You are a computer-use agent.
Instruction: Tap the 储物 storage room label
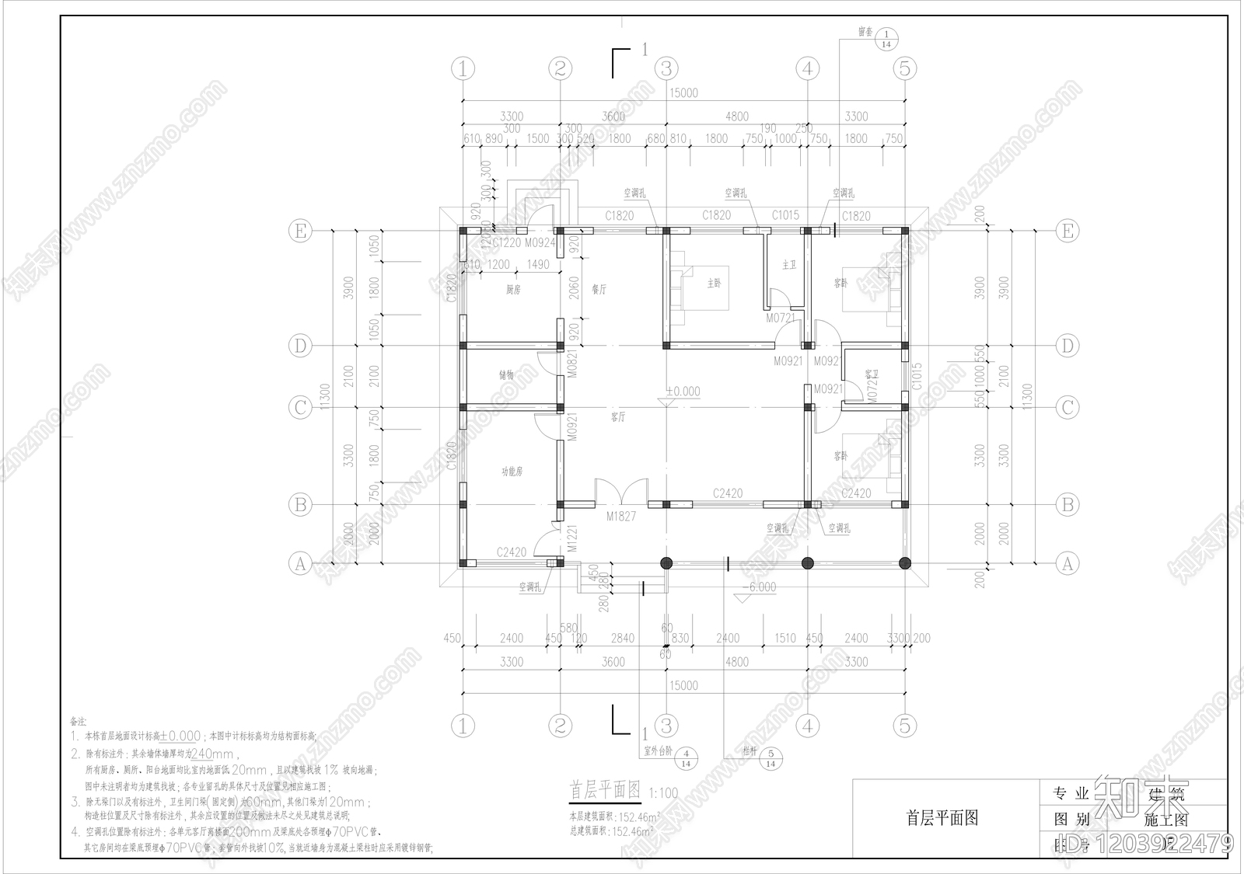[x=506, y=374]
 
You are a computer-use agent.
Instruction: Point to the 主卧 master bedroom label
[x=714, y=284]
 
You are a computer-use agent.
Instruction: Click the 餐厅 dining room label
[x=599, y=289]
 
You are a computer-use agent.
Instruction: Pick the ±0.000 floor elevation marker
[x=683, y=392]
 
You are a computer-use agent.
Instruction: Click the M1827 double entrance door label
[x=621, y=516]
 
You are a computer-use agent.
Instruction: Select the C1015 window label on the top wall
[x=785, y=215]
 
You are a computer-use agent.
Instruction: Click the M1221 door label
[x=572, y=538]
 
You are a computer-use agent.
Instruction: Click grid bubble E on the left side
[x=300, y=231]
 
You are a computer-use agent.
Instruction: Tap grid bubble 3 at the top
[x=666, y=68]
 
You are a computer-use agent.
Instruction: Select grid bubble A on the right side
[x=1068, y=564]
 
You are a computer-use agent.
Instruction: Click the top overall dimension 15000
[x=683, y=93]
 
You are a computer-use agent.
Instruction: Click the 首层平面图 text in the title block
[x=942, y=818]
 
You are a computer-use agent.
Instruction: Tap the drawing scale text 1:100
[x=663, y=794]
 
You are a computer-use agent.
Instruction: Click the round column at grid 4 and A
[x=808, y=563]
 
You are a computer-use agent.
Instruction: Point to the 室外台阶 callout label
[x=657, y=752]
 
